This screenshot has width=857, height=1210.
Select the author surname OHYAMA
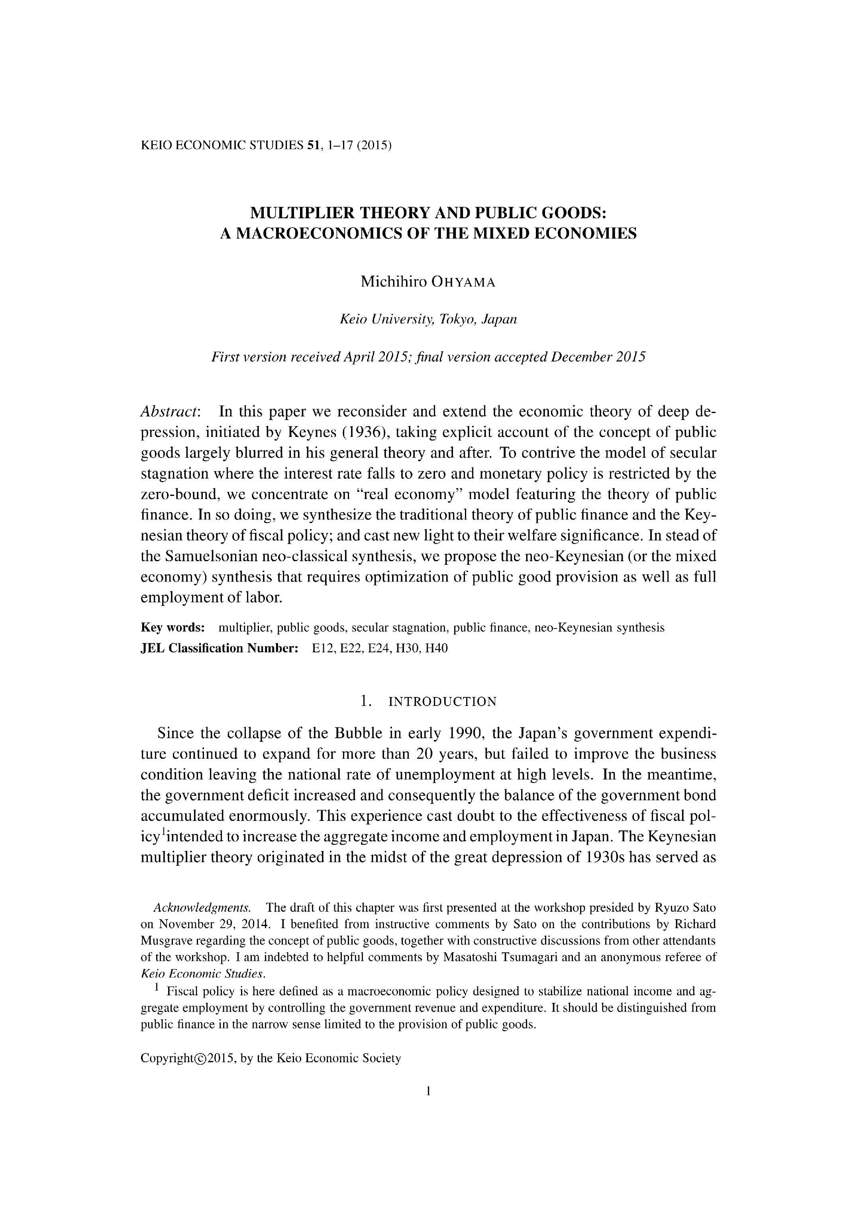[463, 282]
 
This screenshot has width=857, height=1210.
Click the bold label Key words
[173, 628]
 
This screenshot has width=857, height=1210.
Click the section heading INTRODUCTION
[442, 702]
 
